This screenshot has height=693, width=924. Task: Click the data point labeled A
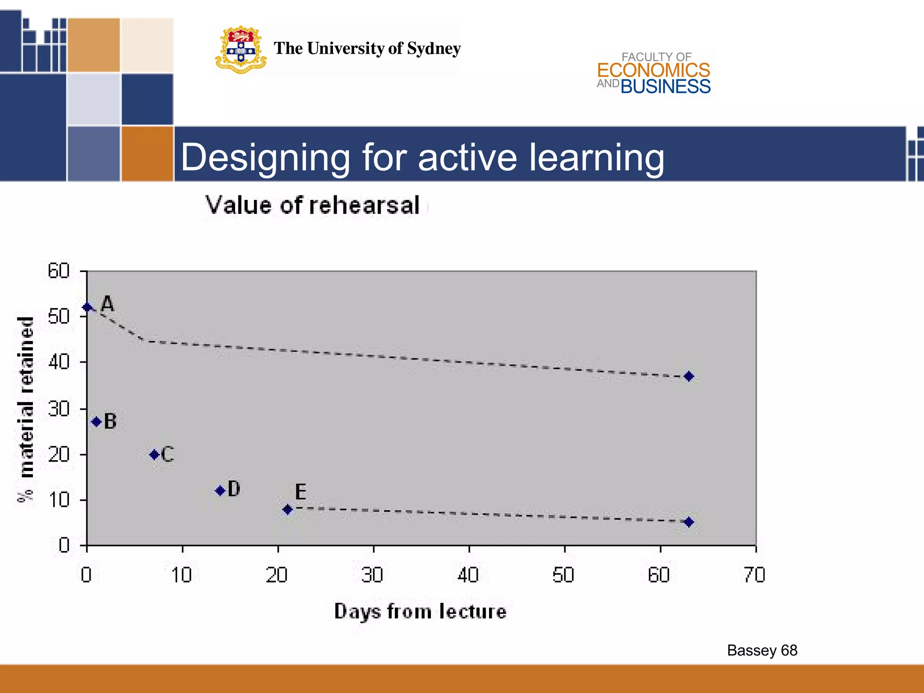[x=87, y=308]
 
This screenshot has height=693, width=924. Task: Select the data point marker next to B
[x=96, y=422]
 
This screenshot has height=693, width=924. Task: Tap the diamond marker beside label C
[x=154, y=455]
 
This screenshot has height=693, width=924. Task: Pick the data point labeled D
[x=220, y=490]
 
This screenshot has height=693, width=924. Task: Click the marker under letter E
[x=287, y=510]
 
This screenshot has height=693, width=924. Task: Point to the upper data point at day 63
[x=688, y=376]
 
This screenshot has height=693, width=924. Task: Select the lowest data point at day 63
[x=688, y=522]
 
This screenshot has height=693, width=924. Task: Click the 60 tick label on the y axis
[x=59, y=271]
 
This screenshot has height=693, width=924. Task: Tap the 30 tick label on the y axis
[x=59, y=409]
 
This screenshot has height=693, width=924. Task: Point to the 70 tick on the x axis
[x=755, y=575]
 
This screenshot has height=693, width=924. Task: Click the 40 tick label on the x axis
[x=468, y=575]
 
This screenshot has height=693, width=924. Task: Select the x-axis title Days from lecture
[x=420, y=612]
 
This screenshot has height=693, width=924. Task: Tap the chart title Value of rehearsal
[x=313, y=205]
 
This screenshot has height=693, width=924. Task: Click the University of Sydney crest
[x=241, y=50]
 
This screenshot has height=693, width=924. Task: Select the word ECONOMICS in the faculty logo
[x=653, y=70]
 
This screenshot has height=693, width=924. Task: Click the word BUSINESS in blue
[x=665, y=87]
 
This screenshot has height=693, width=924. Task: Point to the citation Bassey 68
[x=762, y=650]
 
